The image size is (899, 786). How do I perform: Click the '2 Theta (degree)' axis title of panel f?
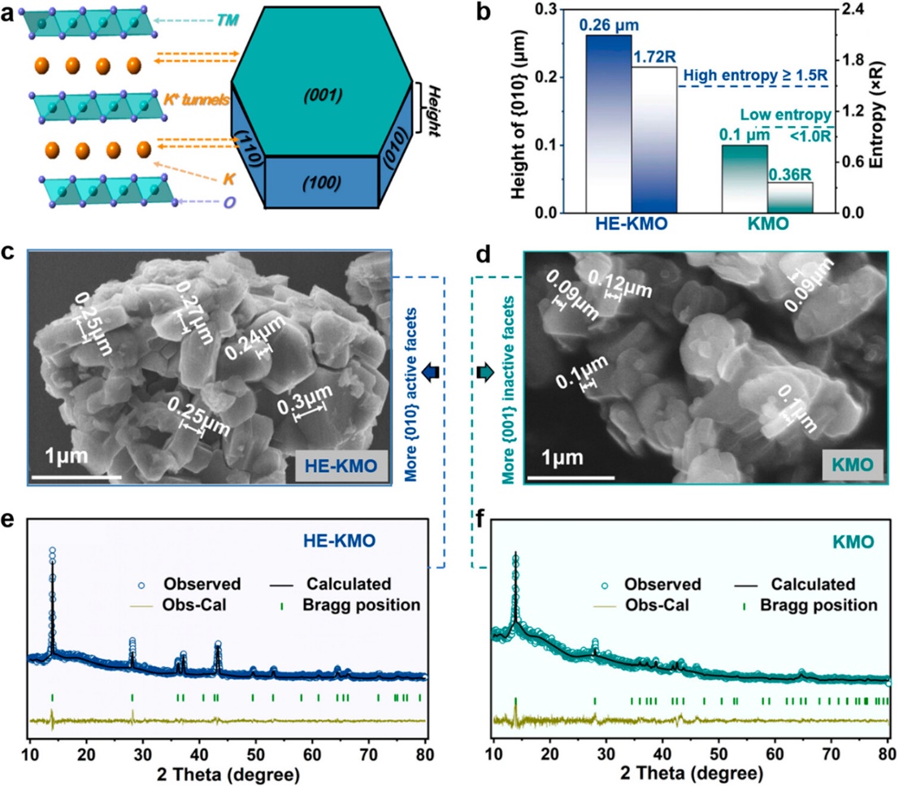(x=688, y=768)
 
